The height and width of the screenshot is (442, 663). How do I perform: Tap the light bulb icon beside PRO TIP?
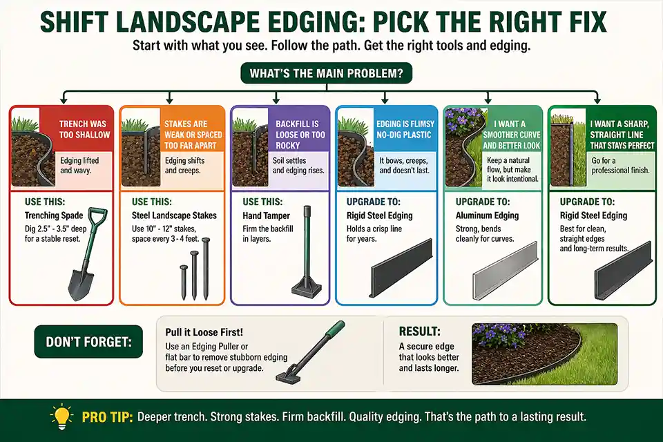click(61, 418)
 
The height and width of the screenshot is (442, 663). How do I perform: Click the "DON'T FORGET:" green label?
click(85, 341)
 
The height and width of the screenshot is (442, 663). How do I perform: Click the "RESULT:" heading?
click(420, 331)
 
